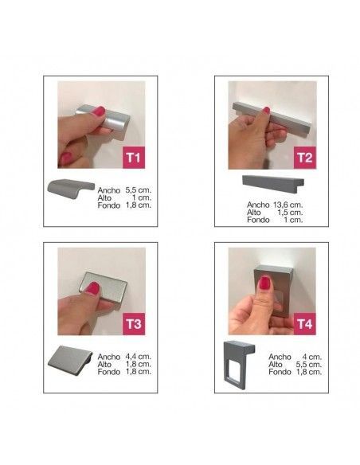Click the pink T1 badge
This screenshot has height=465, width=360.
pyautogui.click(x=134, y=157)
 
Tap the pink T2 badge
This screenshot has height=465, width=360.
pyautogui.click(x=305, y=158)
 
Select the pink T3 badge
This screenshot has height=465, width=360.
pyautogui.click(x=134, y=324)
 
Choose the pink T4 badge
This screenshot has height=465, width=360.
pyautogui.click(x=305, y=324)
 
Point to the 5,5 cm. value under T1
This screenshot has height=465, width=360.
pyautogui.click(x=139, y=190)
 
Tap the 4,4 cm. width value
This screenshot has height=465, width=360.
pyautogui.click(x=139, y=357)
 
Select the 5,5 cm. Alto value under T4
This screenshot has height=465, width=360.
pyautogui.click(x=309, y=364)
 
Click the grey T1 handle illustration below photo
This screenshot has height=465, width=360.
pyautogui.click(x=71, y=189)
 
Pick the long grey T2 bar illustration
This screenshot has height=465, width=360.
pyautogui.click(x=273, y=184)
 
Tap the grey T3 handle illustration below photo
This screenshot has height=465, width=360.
pyautogui.click(x=70, y=361)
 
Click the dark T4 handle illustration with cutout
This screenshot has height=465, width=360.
pyautogui.click(x=239, y=365)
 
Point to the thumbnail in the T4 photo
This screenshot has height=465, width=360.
pyautogui.click(x=264, y=283)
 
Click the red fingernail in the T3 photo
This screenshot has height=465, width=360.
pyautogui.click(x=93, y=288)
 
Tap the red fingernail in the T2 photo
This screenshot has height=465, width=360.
pyautogui.click(x=266, y=111)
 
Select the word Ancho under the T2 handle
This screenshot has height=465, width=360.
pyautogui.click(x=258, y=205)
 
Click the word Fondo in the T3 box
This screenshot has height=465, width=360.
pyautogui.click(x=109, y=372)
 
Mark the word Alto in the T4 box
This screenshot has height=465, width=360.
pyautogui.click(x=275, y=364)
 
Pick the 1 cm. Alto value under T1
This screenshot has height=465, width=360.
pyautogui.click(x=142, y=197)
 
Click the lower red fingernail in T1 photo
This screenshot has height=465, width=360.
pyautogui.click(x=66, y=158)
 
